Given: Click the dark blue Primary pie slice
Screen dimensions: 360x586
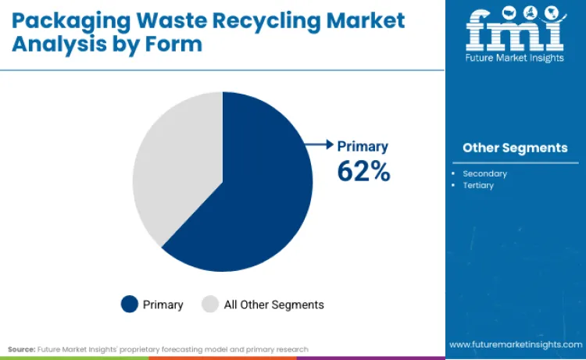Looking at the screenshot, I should pos(250,195).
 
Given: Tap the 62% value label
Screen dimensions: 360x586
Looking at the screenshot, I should pos(363,170).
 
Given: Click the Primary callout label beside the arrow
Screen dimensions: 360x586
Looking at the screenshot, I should pos(363,146).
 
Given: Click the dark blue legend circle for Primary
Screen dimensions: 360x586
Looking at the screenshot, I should pos(130,305).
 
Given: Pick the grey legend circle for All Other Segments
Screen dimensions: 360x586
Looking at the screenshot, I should pos(210,305).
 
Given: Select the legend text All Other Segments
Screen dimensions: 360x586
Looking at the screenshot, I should pos(273,305).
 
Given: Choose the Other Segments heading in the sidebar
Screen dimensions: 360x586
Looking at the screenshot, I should pos(515,148).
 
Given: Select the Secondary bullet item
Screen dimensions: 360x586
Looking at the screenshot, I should pos(484,173).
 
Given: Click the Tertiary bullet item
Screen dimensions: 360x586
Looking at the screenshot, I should pos(478,185).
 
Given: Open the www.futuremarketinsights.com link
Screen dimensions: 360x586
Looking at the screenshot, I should pos(514,344).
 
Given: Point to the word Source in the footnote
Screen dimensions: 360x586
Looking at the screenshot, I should pos(21,349).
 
